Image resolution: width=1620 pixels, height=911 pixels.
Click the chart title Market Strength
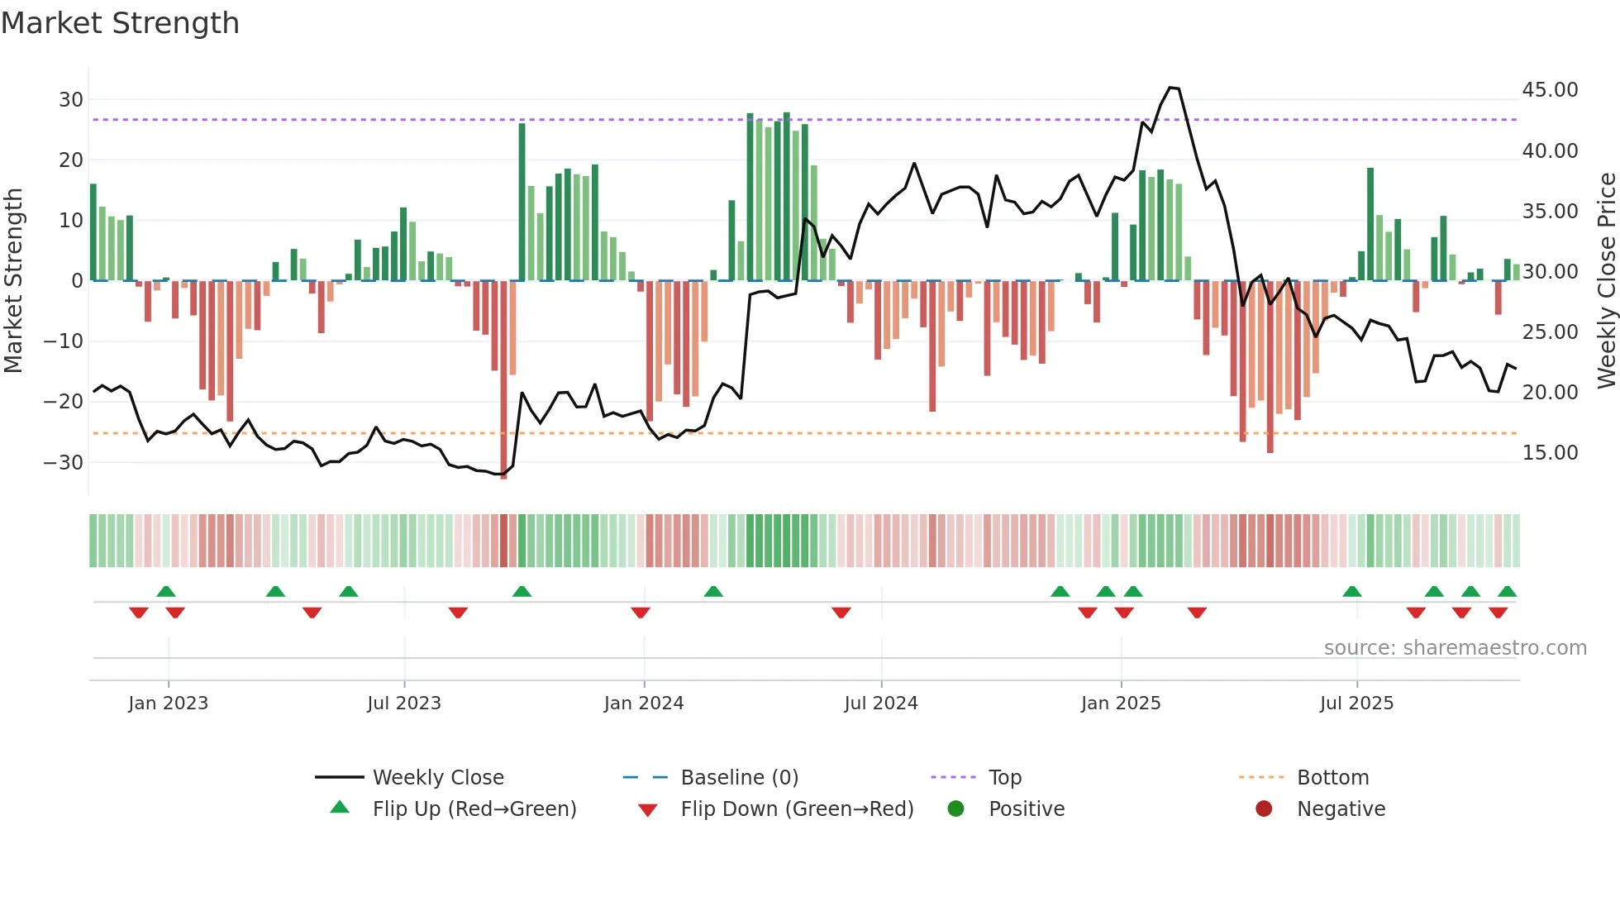point(120,23)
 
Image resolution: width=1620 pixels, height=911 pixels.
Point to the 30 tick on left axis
point(71,100)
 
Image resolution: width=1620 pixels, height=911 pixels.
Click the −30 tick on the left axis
point(64,462)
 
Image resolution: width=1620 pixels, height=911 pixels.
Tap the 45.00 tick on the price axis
point(1550,90)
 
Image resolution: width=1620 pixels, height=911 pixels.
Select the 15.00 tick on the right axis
point(1550,453)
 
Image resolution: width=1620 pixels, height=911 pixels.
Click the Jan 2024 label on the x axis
point(644,704)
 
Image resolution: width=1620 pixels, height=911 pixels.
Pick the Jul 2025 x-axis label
point(1356,704)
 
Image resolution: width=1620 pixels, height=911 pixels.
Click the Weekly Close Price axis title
point(1606,281)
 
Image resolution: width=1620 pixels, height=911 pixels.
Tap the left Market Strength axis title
point(13,281)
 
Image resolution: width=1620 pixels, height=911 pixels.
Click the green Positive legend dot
point(956,809)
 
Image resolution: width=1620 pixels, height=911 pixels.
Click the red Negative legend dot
point(1264,809)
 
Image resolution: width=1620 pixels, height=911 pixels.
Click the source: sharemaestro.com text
point(1455,648)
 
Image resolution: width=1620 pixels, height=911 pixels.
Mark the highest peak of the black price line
point(1170,88)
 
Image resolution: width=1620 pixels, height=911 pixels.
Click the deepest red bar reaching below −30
point(503,380)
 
